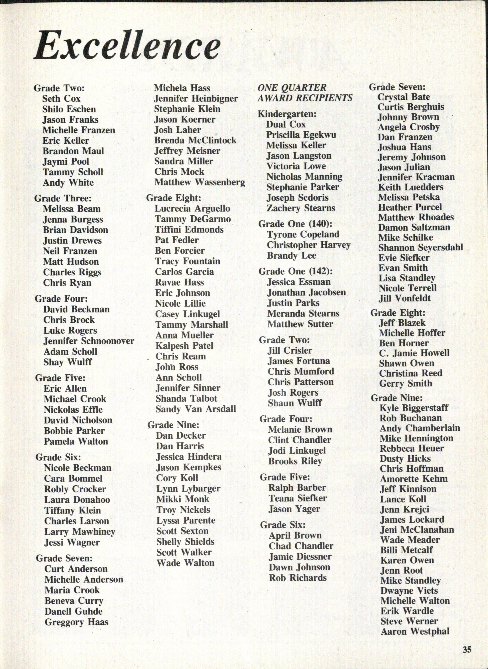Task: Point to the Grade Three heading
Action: coord(63,198)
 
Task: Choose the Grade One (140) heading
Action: coord(295,224)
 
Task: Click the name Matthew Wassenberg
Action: coord(200,182)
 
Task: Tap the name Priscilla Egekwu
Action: coord(301,135)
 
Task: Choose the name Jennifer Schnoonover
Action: coord(89,341)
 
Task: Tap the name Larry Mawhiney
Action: coord(79,532)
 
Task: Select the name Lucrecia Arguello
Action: coord(192,208)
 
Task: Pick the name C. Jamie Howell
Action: coord(414,353)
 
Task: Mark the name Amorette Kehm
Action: coord(414,479)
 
